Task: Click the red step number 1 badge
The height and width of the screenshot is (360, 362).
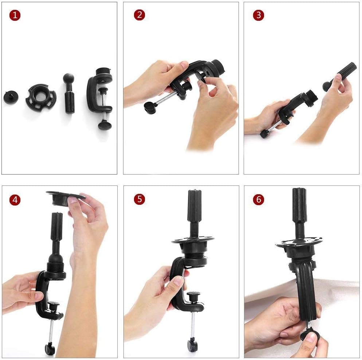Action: [x=15, y=15]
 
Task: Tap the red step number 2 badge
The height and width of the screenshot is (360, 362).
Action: [x=139, y=15]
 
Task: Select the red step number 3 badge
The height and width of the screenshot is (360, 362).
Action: [x=258, y=15]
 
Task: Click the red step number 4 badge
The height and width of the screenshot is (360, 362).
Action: [x=15, y=200]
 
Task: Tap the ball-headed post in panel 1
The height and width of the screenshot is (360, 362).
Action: [x=69, y=93]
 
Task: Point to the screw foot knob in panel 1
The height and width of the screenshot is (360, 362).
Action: [x=105, y=125]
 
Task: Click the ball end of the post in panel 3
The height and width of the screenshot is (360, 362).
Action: [x=326, y=86]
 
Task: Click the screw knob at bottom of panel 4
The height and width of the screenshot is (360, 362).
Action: [x=50, y=349]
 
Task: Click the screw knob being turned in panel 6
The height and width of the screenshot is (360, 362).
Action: [x=311, y=334]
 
